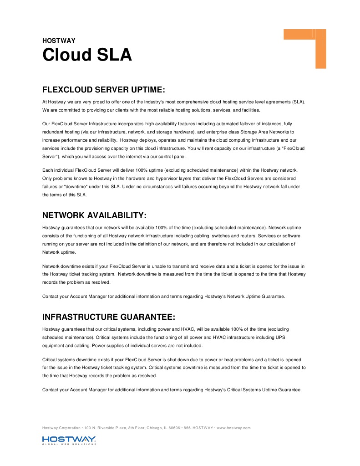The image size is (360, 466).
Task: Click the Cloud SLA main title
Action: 87,55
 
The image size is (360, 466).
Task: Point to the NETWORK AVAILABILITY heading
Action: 94,215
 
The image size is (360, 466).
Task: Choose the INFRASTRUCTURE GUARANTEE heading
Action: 109,317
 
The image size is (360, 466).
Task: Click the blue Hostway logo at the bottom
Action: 69,440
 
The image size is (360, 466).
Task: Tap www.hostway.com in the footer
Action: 234,428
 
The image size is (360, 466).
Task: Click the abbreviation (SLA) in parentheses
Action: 298,102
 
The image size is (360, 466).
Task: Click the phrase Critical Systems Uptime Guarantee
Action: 261,389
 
